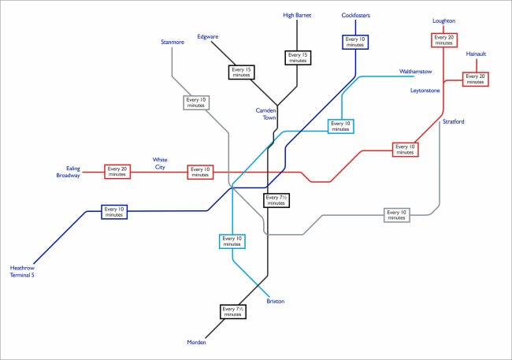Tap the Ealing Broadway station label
tap(68, 172)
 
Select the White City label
tap(160, 163)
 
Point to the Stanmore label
tap(172, 42)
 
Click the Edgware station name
tap(208, 36)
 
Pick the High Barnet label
tap(298, 15)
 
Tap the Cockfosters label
tap(356, 15)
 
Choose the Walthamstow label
tap(416, 72)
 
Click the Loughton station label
tap(443, 20)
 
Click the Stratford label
tap(454, 122)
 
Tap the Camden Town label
tap(265, 115)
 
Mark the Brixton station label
tap(275, 301)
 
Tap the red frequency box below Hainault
tap(476, 79)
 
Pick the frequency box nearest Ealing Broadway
tap(117, 171)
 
